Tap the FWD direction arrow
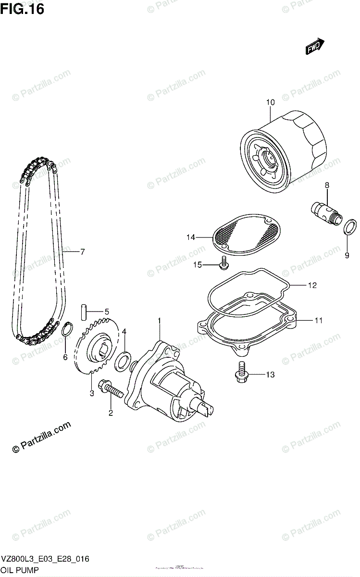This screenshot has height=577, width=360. pyautogui.click(x=315, y=47)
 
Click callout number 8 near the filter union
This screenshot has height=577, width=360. pyautogui.click(x=327, y=185)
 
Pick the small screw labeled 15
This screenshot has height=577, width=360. pyautogui.click(x=224, y=262)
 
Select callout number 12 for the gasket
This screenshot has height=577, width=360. pyautogui.click(x=312, y=286)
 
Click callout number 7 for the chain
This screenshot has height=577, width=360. pyautogui.click(x=82, y=251)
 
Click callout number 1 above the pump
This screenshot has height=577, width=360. pyautogui.click(x=159, y=320)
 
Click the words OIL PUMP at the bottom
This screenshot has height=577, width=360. pyautogui.click(x=21, y=570)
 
